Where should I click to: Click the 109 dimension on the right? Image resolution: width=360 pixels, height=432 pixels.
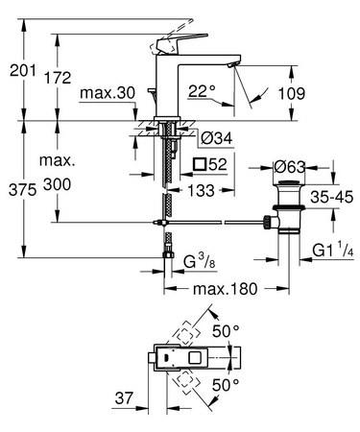pyautogui.click(x=321, y=95)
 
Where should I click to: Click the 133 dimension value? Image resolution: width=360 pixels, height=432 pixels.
pyautogui.click(x=200, y=190)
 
